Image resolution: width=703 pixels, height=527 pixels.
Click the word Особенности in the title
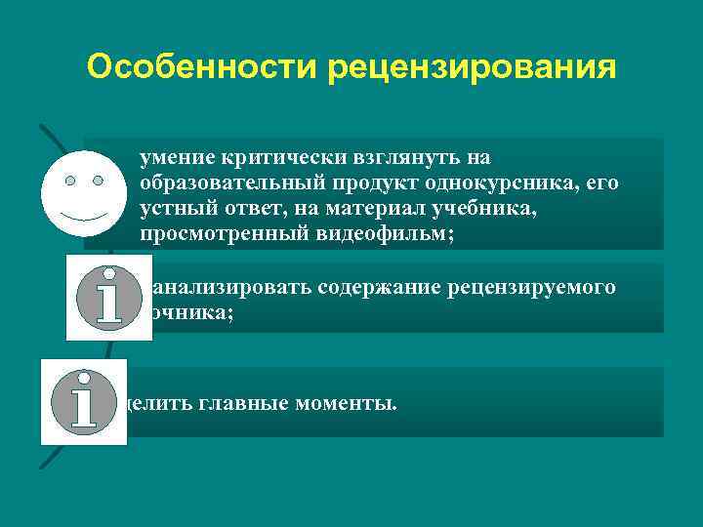(x=202, y=67)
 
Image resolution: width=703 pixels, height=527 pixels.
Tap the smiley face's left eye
(x=70, y=181)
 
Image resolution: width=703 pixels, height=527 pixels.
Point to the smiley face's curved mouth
(x=83, y=214)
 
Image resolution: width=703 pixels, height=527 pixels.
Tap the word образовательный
(x=218, y=182)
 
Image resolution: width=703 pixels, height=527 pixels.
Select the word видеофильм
(x=390, y=234)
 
